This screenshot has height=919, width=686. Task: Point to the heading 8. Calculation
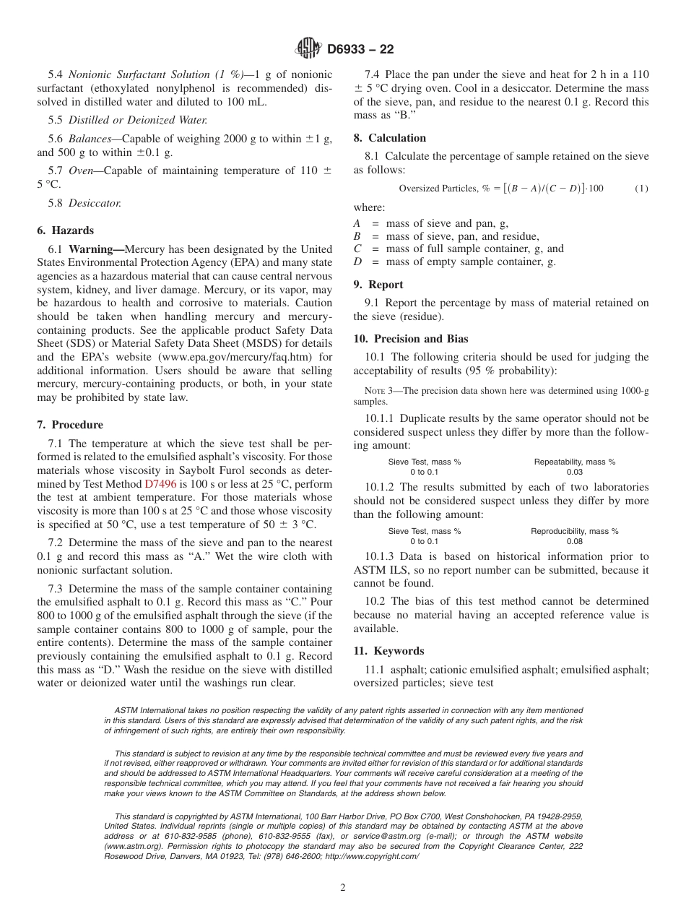(389, 138)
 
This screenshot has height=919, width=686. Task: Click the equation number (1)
(641, 189)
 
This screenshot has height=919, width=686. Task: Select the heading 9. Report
(378, 285)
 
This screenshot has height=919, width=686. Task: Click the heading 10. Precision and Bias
(410, 339)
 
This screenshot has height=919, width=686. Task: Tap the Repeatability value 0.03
(575, 472)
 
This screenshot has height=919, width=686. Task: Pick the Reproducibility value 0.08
(575, 541)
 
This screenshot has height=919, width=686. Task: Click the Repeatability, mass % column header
(575, 462)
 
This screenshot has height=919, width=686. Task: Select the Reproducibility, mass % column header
(575, 531)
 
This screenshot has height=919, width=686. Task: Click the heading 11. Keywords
(388, 651)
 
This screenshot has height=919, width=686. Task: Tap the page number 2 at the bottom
(343, 888)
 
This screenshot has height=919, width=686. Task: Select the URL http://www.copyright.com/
(372, 856)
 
